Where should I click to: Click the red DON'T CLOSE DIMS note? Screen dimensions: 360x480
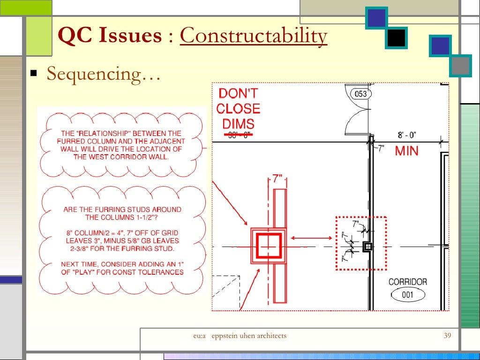coord(238,109)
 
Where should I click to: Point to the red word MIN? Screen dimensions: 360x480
coord(406,151)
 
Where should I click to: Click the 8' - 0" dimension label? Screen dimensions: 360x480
coord(407,135)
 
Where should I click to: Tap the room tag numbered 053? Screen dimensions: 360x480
coord(361,94)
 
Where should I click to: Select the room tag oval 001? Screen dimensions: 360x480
coord(408,295)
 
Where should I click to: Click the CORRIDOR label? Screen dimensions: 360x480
coord(408,282)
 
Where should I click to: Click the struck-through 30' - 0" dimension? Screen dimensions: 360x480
coord(238,135)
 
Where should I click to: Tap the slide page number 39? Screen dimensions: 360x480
coord(447,336)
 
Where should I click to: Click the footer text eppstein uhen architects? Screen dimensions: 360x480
coord(249,336)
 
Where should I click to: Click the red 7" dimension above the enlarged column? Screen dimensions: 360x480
coord(277,180)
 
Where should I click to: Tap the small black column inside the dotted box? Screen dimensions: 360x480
coord(368,246)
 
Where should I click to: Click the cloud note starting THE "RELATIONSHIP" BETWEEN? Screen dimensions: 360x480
coord(121,145)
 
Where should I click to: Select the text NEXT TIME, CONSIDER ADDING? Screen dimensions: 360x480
coord(122,264)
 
